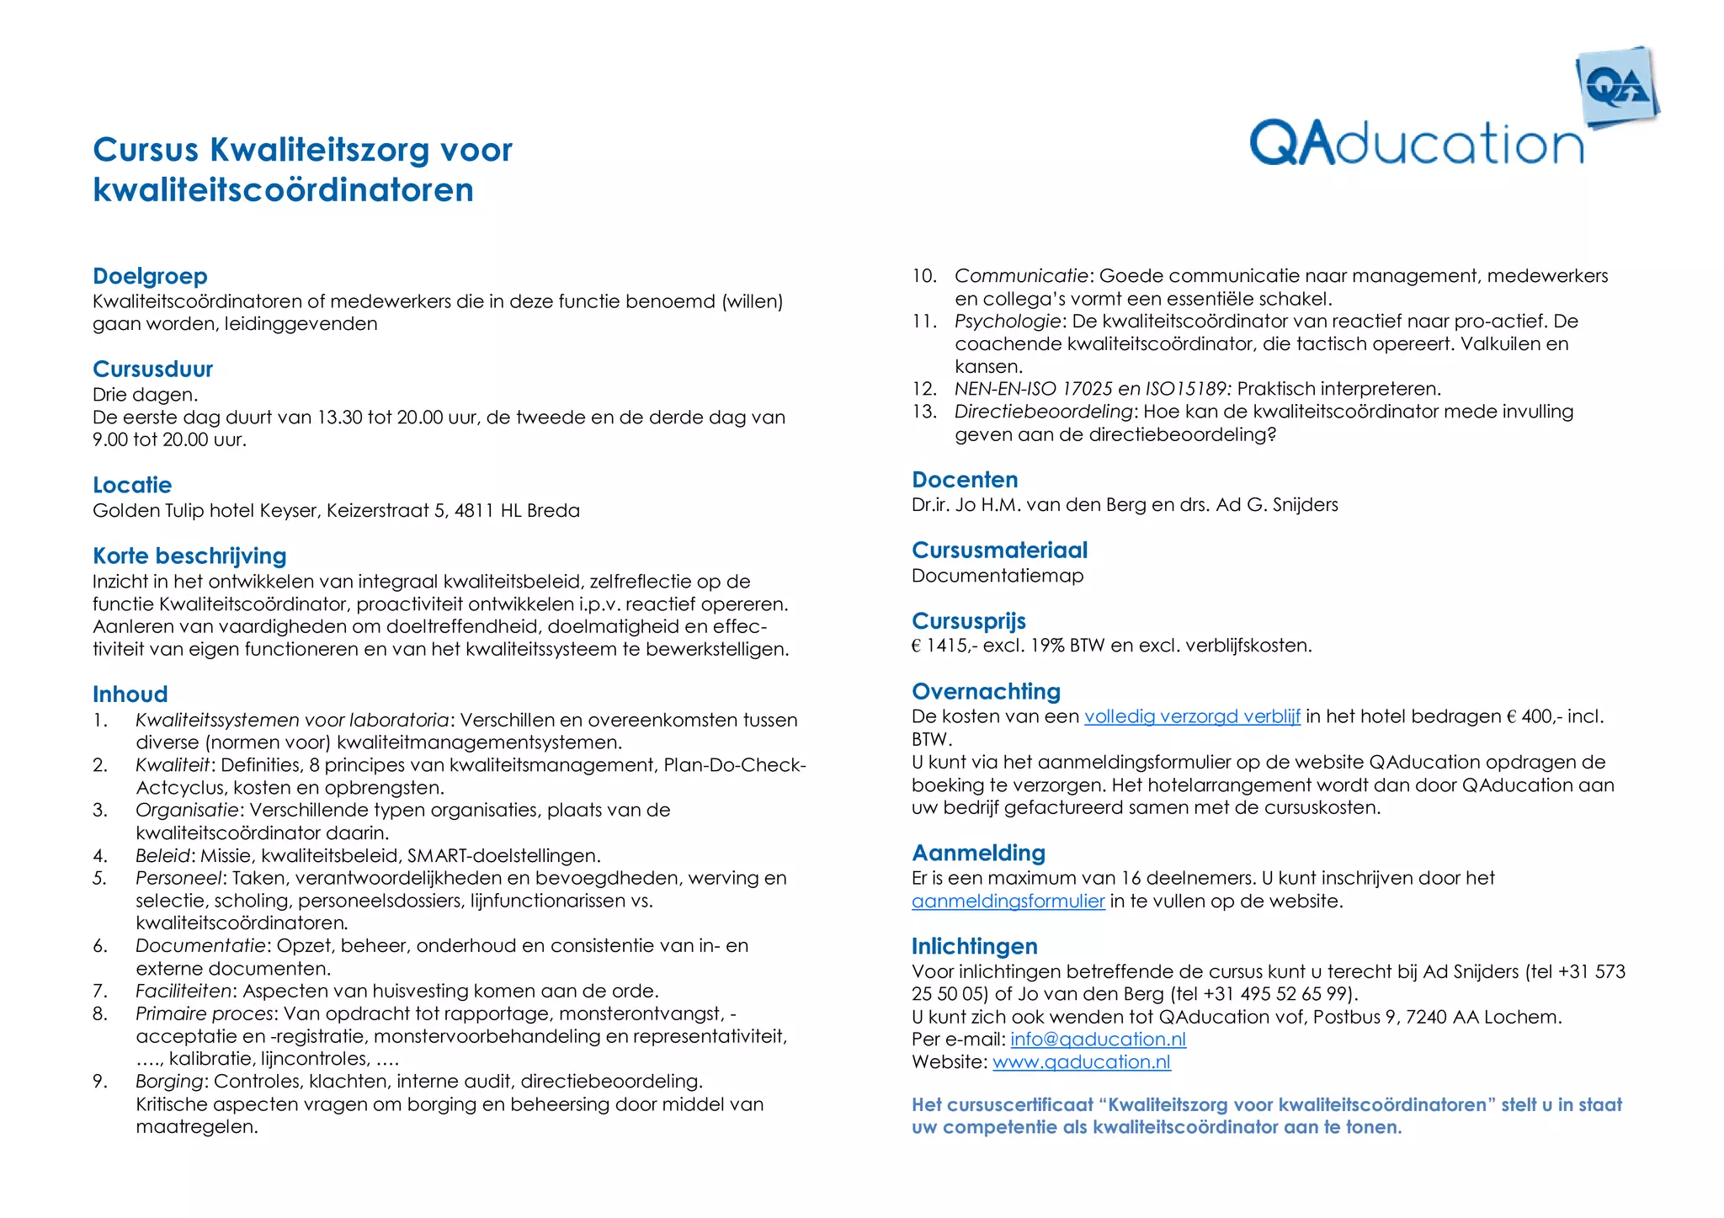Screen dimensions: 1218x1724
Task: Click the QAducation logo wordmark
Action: pos(1416,144)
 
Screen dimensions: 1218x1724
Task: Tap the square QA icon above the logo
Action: pos(1616,88)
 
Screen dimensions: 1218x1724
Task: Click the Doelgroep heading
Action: pos(150,276)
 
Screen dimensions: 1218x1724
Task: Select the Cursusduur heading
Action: pos(152,370)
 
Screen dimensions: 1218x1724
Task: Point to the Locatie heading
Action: pos(132,485)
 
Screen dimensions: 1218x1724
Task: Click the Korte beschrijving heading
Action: pos(189,556)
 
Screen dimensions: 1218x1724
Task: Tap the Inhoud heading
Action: pos(130,694)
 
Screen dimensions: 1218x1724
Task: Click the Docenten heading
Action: pos(965,480)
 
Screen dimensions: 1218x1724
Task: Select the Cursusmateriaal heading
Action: pos(999,550)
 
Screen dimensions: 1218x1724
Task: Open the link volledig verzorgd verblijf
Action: pos(1192,716)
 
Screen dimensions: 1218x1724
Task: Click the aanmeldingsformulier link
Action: pos(1008,902)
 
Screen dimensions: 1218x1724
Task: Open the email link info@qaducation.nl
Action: pos(1098,1040)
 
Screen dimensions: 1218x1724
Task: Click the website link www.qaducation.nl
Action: pos(1082,1062)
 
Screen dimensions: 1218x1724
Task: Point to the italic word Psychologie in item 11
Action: pos(1007,322)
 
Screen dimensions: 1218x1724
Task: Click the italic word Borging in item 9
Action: pos(169,1082)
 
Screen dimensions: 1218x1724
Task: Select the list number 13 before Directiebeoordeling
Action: pos(924,412)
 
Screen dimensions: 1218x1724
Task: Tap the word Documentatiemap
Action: pos(998,576)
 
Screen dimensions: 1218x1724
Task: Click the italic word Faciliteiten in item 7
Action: pos(183,992)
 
